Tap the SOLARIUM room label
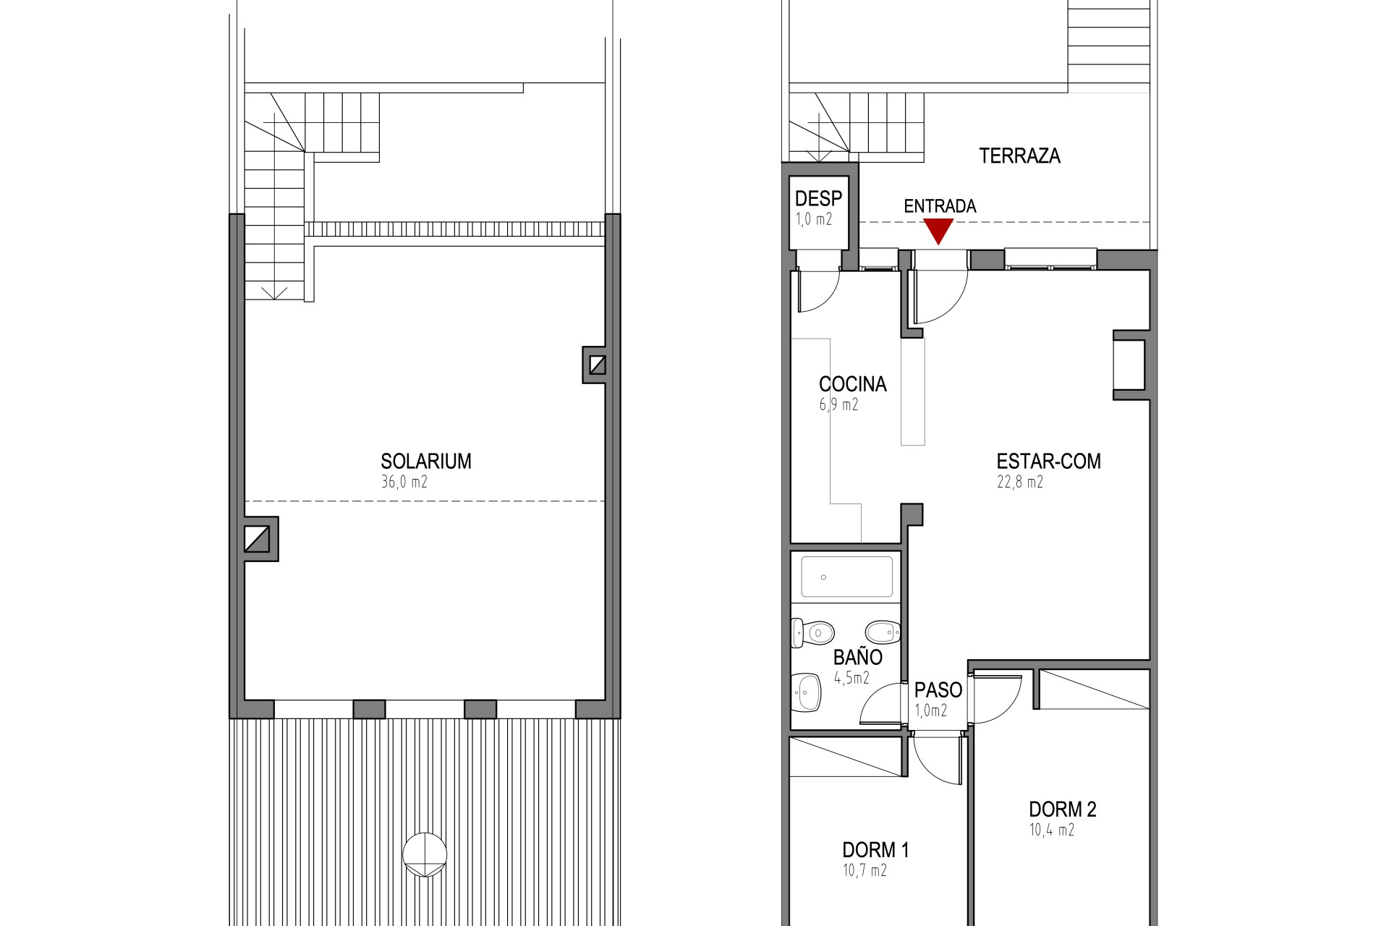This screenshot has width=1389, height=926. click(x=426, y=462)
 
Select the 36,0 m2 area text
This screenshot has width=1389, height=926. click(x=404, y=482)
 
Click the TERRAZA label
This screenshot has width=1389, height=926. click(x=1019, y=156)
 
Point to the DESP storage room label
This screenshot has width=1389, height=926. click(x=818, y=198)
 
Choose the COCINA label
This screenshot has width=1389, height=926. click(x=853, y=384)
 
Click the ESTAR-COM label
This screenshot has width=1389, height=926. click(x=1048, y=462)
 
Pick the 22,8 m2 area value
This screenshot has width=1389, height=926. click(x=1020, y=482)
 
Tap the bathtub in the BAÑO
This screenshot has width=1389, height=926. click(x=846, y=577)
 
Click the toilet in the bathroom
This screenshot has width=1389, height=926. click(x=813, y=633)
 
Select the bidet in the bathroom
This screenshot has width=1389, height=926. click(x=883, y=632)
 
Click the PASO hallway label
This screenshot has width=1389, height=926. click(x=938, y=690)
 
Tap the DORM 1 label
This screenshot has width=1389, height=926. click(x=875, y=850)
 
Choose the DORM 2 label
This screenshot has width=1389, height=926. click(x=1063, y=810)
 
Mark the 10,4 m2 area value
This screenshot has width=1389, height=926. click(x=1052, y=830)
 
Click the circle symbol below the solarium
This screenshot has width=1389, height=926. click(x=425, y=854)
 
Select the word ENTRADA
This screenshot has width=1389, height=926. click(x=940, y=206)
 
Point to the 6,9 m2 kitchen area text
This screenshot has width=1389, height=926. click(x=838, y=404)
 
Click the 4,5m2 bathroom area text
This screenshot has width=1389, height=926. click(x=851, y=678)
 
